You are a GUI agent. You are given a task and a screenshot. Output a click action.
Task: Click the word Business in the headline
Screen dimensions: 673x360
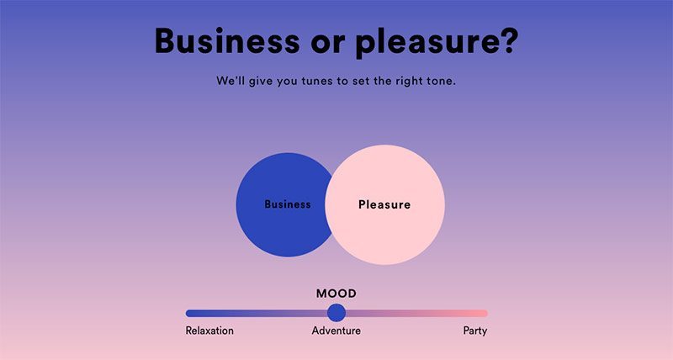(x=227, y=40)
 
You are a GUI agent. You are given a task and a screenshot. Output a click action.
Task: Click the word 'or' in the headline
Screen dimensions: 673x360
(x=327, y=45)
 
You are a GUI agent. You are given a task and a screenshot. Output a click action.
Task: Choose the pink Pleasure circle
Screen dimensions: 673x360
(x=384, y=204)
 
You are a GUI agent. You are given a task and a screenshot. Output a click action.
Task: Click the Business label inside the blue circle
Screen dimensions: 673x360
(x=288, y=204)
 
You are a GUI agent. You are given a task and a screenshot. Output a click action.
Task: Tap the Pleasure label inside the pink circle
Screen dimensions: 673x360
(x=384, y=204)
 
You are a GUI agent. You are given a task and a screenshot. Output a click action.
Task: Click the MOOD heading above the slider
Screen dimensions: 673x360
(x=336, y=294)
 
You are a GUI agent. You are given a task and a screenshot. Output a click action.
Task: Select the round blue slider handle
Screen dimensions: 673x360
(x=336, y=313)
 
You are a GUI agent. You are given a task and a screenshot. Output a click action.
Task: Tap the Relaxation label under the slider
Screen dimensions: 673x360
(x=209, y=331)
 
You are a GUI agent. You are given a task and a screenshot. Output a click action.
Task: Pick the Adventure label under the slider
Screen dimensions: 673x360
(x=336, y=331)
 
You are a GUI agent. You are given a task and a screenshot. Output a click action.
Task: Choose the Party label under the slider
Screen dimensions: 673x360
(x=475, y=331)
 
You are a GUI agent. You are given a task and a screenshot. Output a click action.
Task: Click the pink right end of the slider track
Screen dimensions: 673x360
(x=485, y=313)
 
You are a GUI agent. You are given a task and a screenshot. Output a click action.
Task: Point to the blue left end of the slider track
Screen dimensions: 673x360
(x=188, y=313)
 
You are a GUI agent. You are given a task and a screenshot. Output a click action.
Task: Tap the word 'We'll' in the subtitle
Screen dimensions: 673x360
(x=231, y=81)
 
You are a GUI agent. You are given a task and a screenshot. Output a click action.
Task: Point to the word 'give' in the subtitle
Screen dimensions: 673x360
(x=261, y=82)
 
